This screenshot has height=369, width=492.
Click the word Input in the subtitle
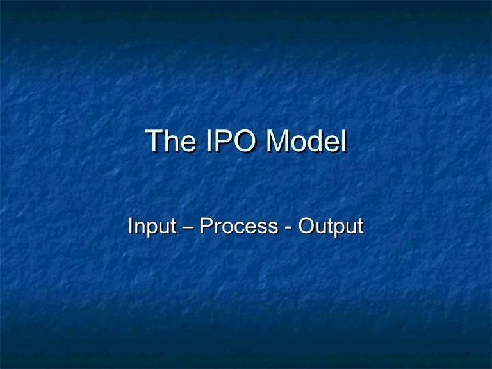point(149,227)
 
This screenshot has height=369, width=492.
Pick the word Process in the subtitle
point(238,227)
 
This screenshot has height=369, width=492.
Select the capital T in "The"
point(155,142)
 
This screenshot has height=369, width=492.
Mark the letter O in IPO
point(247,142)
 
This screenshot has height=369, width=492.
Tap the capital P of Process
point(206,226)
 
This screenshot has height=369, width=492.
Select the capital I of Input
point(131,226)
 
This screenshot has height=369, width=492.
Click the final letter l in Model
point(343,142)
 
